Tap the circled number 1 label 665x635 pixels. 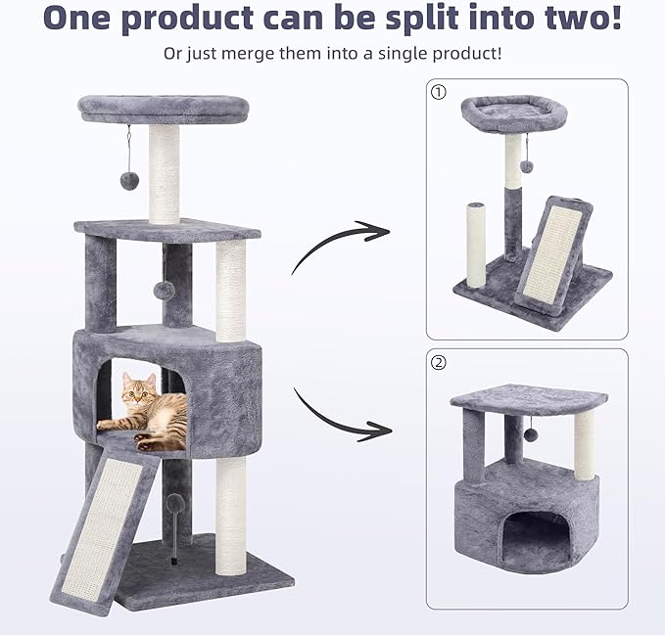click(437, 91)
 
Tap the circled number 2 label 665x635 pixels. click(437, 363)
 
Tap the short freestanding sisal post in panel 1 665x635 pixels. click(476, 246)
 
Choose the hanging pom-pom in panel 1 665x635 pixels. click(526, 166)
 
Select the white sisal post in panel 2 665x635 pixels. click(585, 445)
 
